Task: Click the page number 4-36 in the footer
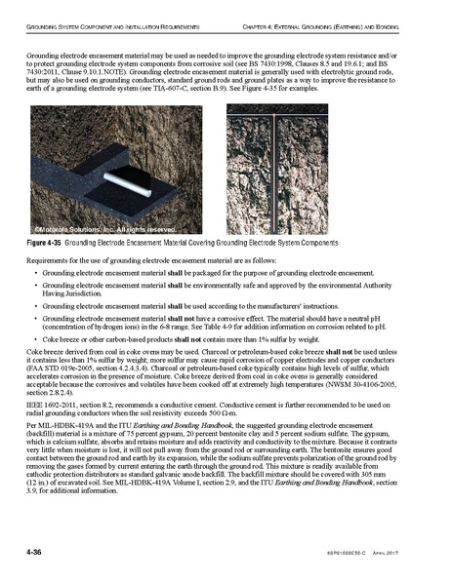pyautogui.click(x=36, y=553)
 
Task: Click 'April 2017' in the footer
pyautogui.click(x=418, y=554)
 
